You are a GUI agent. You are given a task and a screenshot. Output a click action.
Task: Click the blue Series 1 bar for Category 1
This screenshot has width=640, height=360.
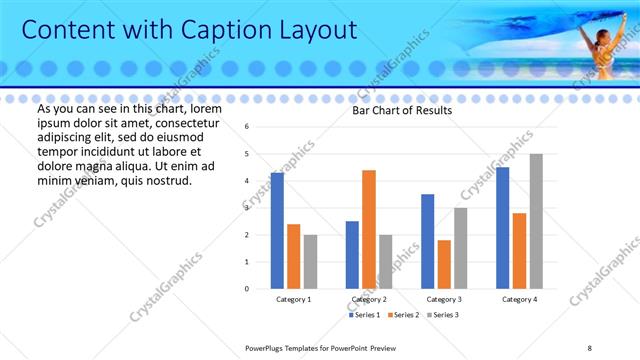click(277, 230)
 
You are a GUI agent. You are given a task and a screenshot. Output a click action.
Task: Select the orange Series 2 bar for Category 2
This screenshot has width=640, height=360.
click(368, 229)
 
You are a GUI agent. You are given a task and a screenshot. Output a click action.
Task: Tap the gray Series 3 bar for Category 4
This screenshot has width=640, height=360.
click(536, 221)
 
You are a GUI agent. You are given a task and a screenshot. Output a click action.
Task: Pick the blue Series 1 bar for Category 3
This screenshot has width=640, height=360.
click(428, 241)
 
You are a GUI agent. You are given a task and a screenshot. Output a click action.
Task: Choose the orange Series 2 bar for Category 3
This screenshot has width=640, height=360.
click(444, 264)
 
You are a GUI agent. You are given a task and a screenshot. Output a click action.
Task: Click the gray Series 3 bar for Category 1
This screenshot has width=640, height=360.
click(310, 261)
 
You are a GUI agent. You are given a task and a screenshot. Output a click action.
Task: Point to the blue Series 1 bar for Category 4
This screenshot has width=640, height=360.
click(502, 227)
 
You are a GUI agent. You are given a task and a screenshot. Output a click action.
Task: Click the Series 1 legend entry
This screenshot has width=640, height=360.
click(364, 315)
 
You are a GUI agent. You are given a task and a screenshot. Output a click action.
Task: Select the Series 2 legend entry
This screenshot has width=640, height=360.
click(402, 315)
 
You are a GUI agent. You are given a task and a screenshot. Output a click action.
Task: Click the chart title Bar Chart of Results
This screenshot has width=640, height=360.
click(402, 111)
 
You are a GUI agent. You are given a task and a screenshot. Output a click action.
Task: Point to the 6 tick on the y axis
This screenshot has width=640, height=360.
click(247, 127)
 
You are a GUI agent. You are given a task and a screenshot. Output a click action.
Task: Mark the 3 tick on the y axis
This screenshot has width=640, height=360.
click(247, 208)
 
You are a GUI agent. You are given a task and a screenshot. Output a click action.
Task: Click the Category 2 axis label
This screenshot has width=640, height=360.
click(369, 299)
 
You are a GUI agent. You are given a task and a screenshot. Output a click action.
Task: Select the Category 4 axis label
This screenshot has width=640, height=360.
click(519, 299)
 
